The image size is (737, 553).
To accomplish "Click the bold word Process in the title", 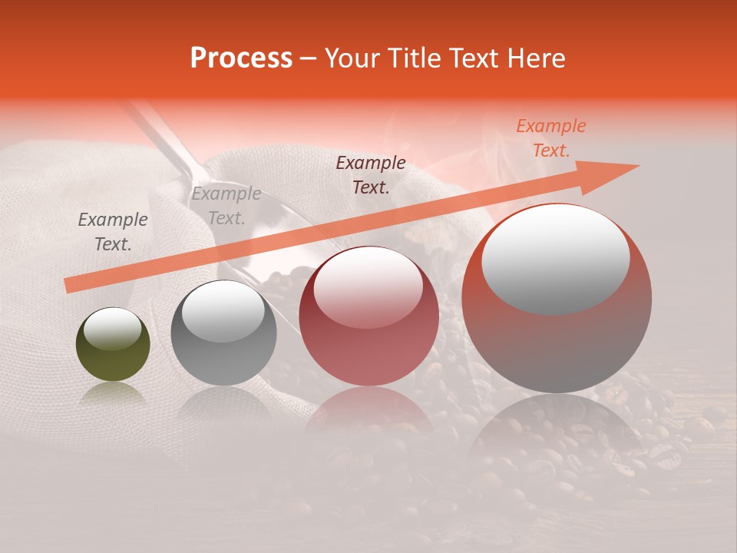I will [241, 58].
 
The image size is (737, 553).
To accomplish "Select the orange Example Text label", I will [550, 138].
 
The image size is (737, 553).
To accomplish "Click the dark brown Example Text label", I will [370, 174].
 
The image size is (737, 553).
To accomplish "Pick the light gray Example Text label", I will [226, 206].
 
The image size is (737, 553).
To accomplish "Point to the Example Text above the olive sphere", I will [113, 232].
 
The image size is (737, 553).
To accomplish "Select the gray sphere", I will [223, 346].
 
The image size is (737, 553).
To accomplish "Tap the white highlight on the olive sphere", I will [113, 329].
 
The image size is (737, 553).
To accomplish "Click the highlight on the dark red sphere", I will [368, 286].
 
